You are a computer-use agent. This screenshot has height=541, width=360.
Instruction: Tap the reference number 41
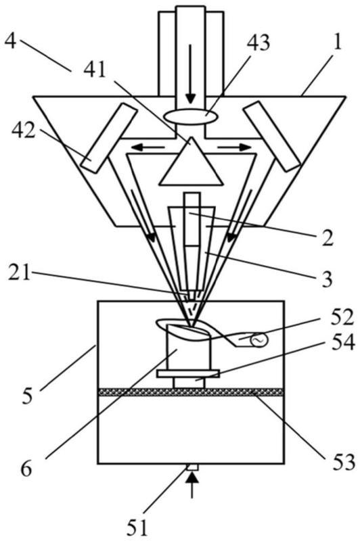(x=95, y=71)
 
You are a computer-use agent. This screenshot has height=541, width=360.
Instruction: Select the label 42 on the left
(x=24, y=131)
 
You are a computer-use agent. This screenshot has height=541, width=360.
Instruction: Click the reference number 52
(x=342, y=318)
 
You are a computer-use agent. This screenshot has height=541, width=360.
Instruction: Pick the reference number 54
(x=342, y=343)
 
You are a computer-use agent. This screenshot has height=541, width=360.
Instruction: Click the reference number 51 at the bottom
(x=137, y=527)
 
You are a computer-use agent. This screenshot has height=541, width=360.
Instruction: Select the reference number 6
(x=26, y=469)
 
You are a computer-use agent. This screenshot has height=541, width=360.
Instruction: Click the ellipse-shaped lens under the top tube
(x=191, y=116)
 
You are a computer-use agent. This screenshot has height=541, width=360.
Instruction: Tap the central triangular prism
(x=191, y=162)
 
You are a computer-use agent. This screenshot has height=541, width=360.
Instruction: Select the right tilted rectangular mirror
(x=272, y=137)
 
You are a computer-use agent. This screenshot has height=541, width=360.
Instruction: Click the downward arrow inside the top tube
(x=190, y=73)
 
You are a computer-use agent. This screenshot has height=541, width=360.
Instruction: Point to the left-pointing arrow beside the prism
(x=148, y=147)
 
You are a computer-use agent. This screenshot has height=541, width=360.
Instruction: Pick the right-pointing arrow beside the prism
(x=234, y=147)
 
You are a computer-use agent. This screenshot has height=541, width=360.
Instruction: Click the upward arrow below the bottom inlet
(x=193, y=486)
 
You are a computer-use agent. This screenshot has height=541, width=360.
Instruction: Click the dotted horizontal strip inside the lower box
(x=191, y=392)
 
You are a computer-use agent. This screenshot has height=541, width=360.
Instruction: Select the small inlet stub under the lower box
(x=192, y=467)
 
